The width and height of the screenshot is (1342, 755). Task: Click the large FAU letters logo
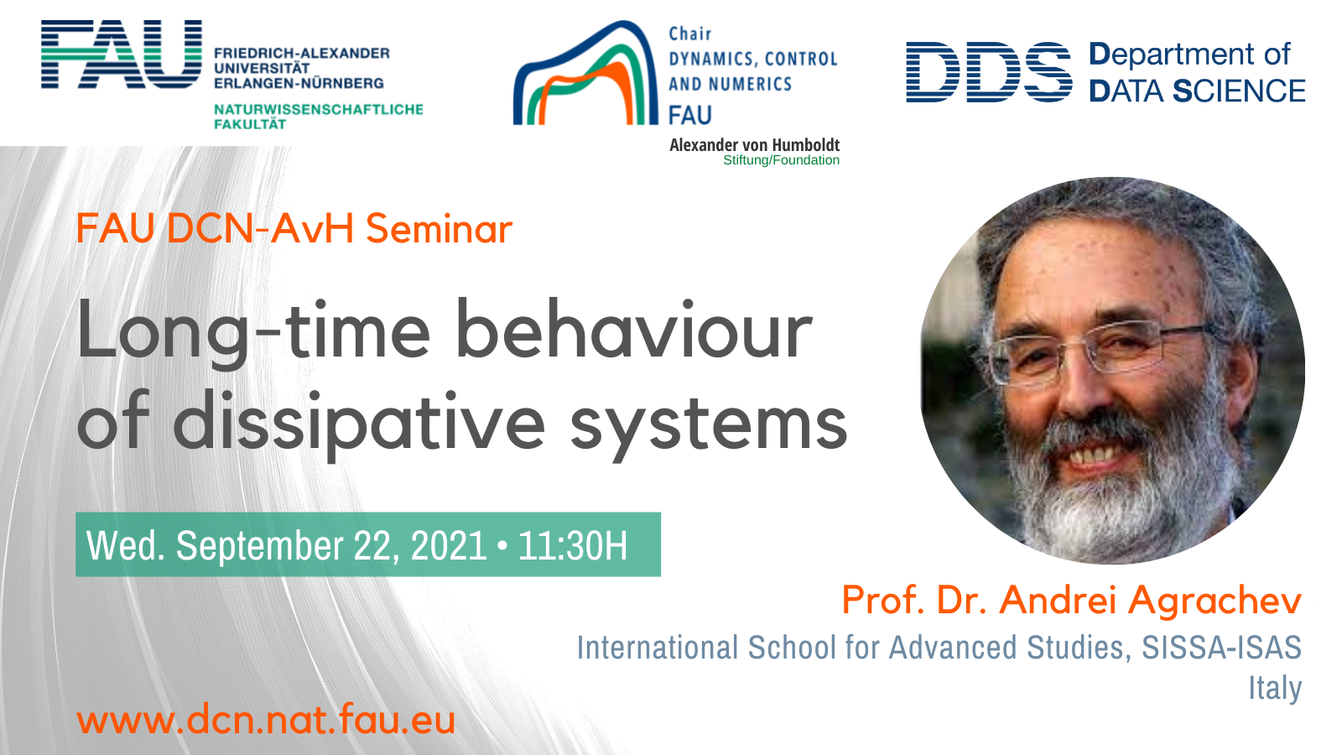(x=121, y=54)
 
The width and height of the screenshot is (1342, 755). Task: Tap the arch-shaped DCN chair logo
(x=585, y=73)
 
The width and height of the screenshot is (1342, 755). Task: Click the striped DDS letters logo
(x=989, y=72)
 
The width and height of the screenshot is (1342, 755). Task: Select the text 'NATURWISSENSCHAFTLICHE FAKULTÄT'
(x=318, y=117)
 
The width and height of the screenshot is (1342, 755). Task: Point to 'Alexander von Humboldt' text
(x=754, y=145)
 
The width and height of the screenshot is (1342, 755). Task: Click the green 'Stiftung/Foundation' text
(x=781, y=160)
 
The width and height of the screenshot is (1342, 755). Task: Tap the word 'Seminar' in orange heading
(x=440, y=229)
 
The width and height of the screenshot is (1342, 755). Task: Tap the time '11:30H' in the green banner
(x=573, y=545)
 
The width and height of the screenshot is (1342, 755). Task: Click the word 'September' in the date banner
(x=259, y=546)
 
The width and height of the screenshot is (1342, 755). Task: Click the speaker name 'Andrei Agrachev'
(x=1150, y=600)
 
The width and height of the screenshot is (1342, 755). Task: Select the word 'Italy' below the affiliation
(x=1275, y=687)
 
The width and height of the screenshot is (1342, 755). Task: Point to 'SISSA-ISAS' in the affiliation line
(x=1221, y=647)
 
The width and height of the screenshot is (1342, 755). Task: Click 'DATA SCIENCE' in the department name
(x=1197, y=91)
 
